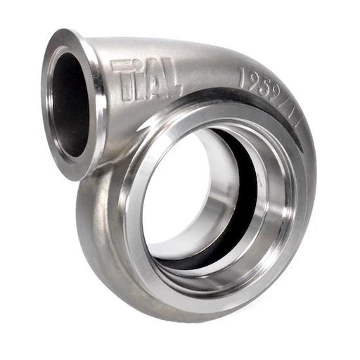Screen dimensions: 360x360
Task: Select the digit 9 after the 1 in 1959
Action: (254, 79)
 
